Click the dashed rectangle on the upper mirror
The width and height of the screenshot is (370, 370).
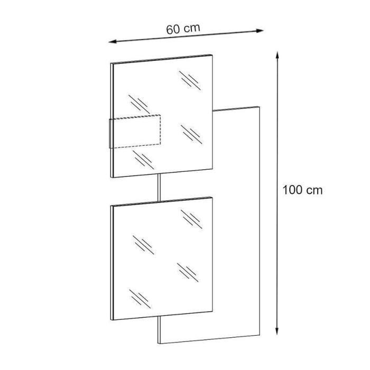click(135, 131)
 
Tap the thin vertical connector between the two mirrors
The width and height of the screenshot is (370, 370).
click(159, 188)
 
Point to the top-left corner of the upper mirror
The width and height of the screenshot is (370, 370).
click(111, 63)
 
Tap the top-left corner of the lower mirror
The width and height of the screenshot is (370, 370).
click(111, 205)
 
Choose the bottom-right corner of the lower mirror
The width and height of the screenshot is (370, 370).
click(212, 311)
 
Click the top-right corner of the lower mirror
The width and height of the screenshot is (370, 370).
click(212, 197)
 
